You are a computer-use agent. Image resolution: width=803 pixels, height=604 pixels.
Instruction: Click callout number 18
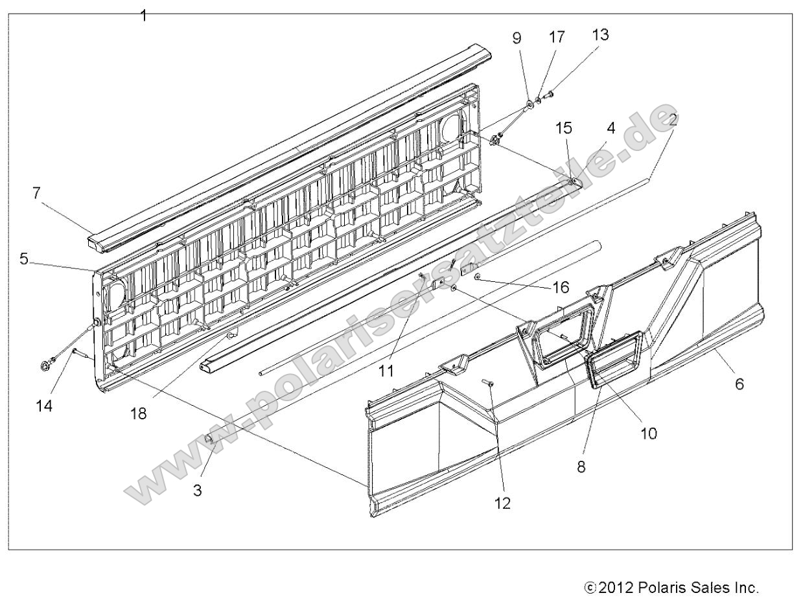[137, 413]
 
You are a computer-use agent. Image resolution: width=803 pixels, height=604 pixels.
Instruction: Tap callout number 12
[502, 502]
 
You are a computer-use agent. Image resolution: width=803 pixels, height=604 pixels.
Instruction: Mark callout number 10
[648, 434]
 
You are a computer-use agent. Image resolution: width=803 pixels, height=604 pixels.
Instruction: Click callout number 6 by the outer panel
[739, 384]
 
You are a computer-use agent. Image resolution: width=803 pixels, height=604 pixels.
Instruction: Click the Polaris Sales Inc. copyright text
[671, 588]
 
